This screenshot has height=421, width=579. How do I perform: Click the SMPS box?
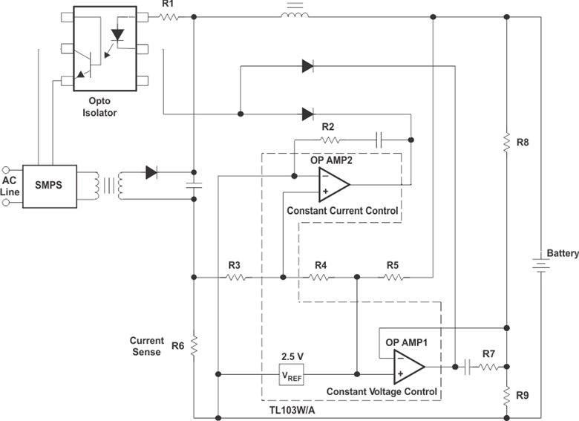click(50, 186)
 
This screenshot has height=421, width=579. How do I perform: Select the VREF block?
click(291, 374)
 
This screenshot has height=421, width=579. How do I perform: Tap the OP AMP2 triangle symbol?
click(334, 184)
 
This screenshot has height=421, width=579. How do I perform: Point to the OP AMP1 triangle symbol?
click(409, 367)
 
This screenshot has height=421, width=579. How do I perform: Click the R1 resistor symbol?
click(169, 17)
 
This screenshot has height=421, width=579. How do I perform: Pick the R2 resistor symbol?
click(330, 140)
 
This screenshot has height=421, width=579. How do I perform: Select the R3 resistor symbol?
click(236, 277)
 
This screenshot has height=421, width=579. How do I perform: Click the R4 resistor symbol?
click(318, 277)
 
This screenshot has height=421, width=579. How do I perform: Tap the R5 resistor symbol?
click(394, 277)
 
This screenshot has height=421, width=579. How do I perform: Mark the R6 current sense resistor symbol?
click(194, 346)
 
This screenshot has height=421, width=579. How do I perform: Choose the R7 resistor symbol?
click(489, 367)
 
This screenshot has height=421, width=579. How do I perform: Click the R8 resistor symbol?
click(507, 142)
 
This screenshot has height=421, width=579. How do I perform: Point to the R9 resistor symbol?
click(507, 396)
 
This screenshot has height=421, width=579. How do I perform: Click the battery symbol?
click(541, 265)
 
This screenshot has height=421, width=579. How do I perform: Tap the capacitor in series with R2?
click(379, 140)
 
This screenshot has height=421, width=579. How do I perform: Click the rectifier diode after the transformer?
click(151, 172)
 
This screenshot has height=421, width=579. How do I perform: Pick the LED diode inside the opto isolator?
click(118, 36)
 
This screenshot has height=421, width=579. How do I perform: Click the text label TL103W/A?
click(292, 411)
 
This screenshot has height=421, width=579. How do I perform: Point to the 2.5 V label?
click(292, 356)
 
